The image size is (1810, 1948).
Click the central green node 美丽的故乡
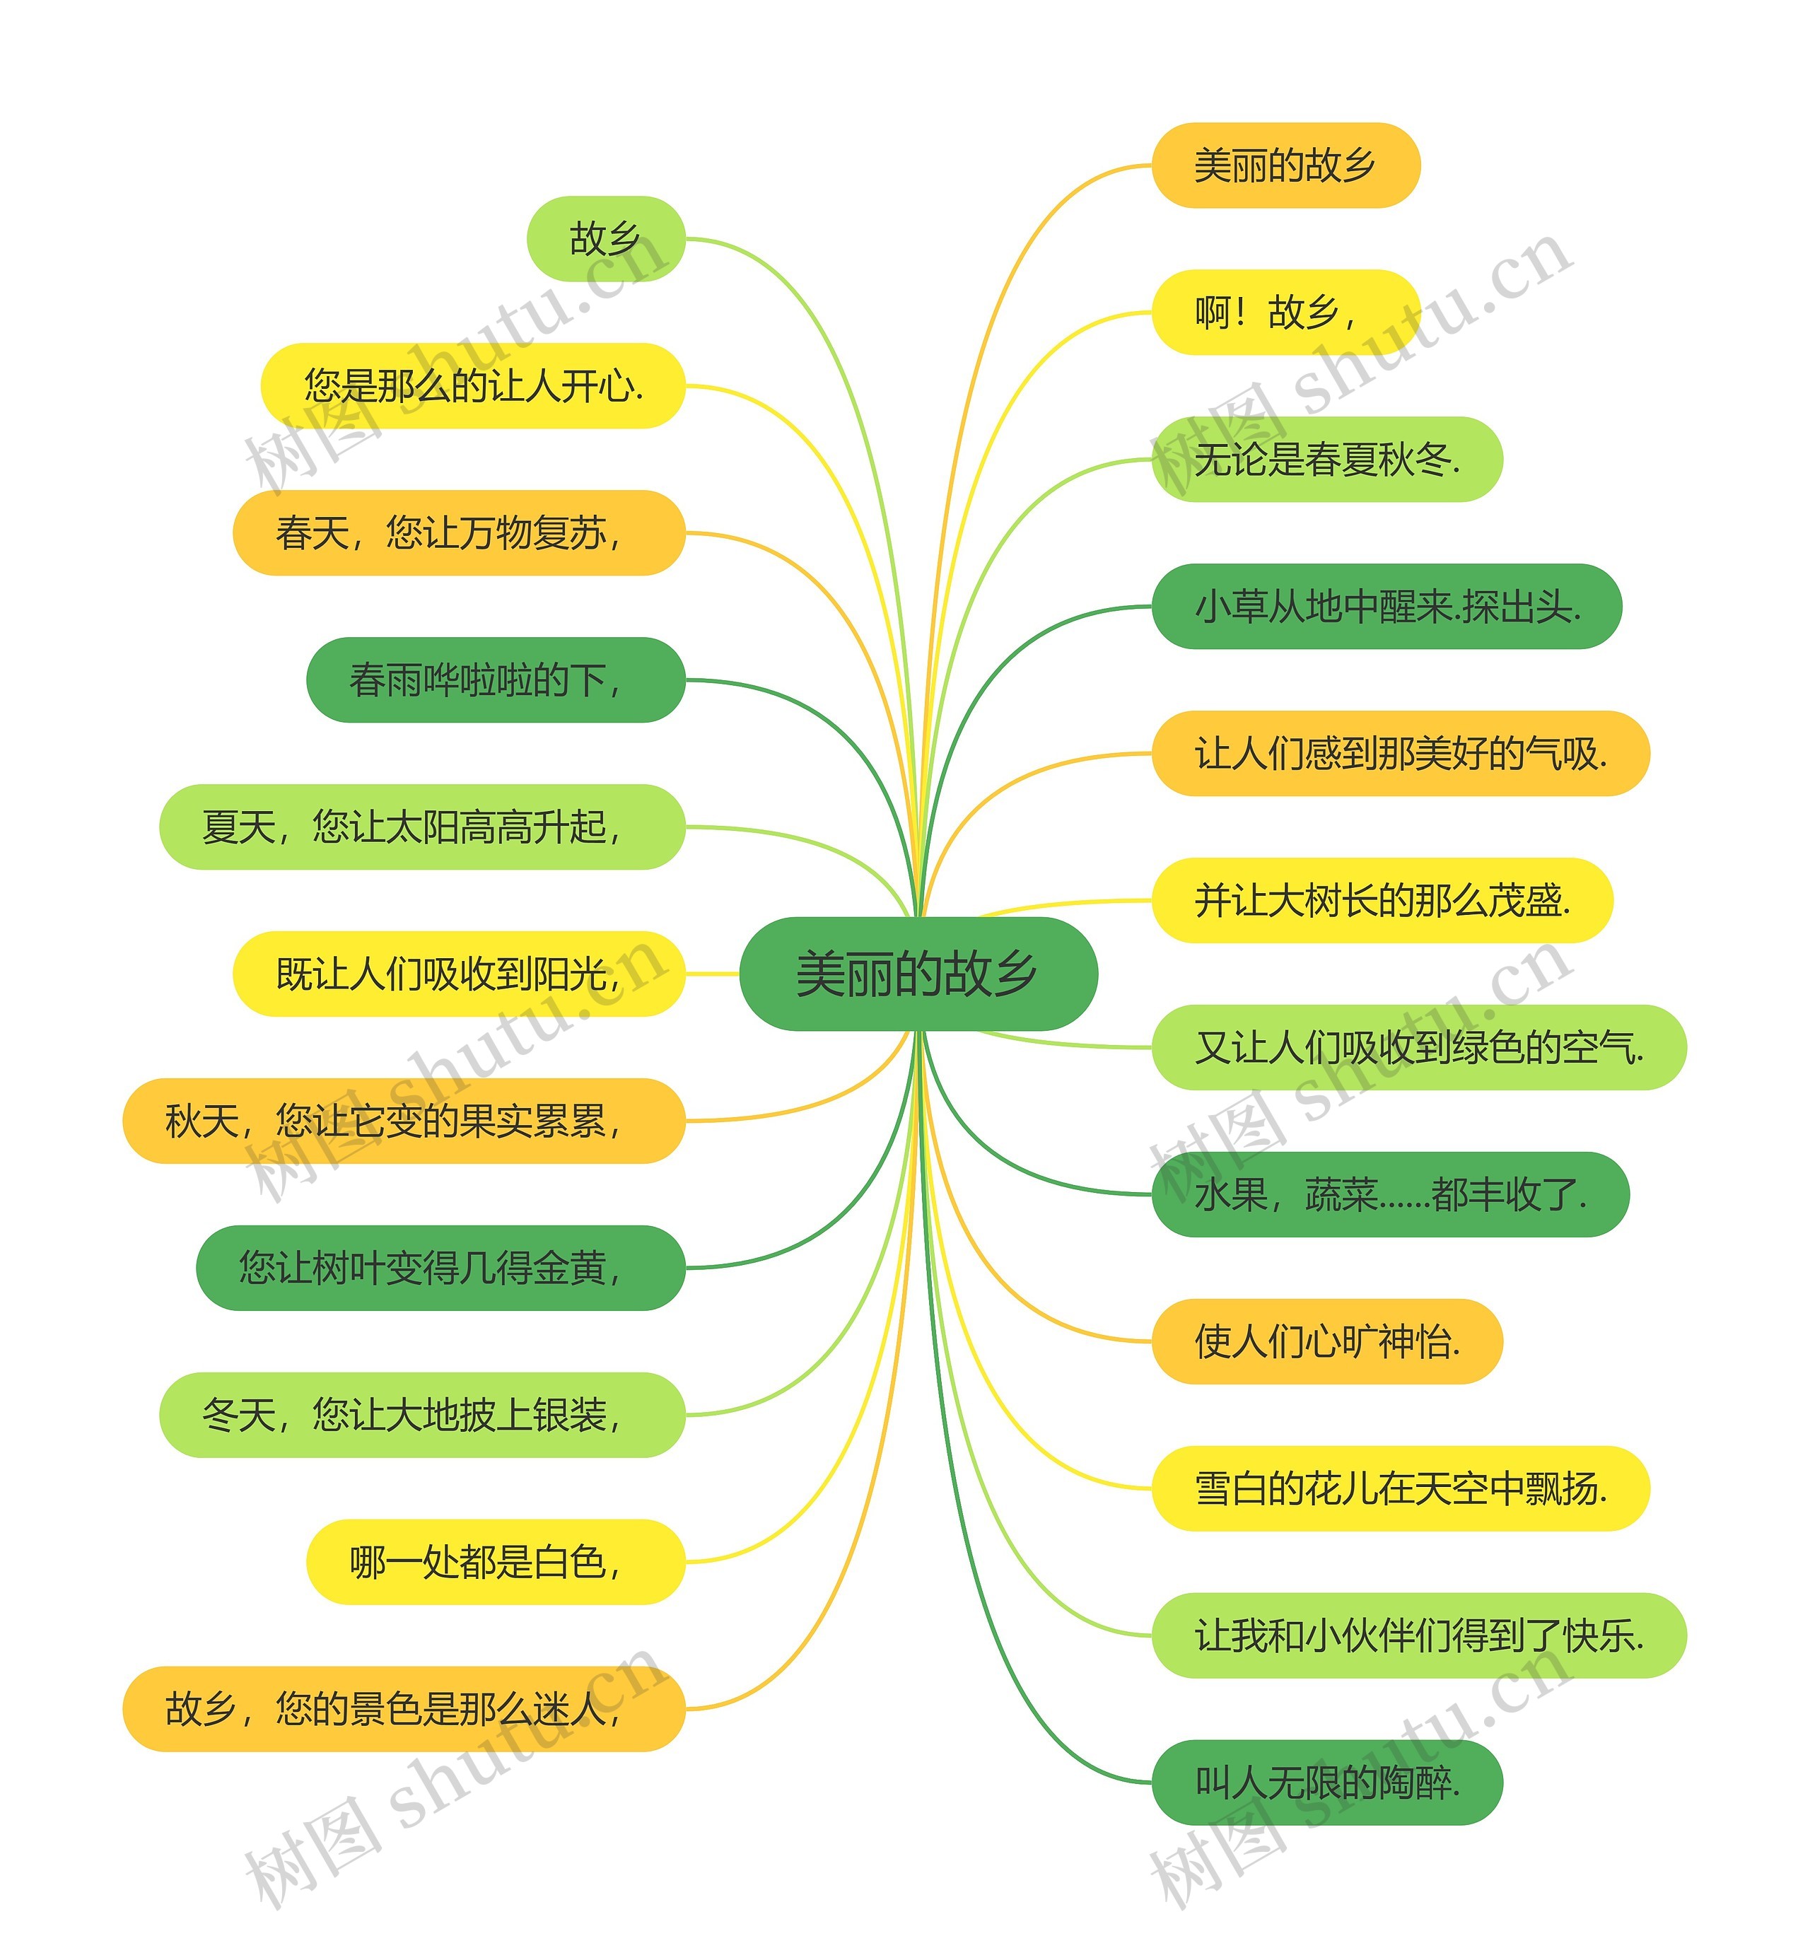918,974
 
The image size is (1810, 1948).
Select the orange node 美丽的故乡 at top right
1285,165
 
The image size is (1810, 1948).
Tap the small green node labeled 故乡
605,239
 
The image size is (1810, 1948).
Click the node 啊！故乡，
1285,313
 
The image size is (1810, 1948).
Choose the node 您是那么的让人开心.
472,386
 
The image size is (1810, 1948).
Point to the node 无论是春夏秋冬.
1326,460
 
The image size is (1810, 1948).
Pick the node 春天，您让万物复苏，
458,533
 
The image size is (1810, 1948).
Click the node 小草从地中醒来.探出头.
1386,606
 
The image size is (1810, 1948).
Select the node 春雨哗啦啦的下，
495,680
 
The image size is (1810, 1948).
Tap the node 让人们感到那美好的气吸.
1400,753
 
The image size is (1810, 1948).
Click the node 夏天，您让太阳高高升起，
421,827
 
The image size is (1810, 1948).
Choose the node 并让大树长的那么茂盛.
1381,900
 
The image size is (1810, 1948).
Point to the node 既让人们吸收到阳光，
458,974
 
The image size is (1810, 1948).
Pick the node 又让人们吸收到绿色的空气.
1418,1047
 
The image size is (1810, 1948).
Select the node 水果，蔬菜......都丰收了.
1390,1194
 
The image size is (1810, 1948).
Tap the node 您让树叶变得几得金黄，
440,1267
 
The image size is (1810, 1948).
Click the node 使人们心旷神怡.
1326,1341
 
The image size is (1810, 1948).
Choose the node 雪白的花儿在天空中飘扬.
1400,1488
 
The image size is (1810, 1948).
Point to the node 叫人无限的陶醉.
1326,1782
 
